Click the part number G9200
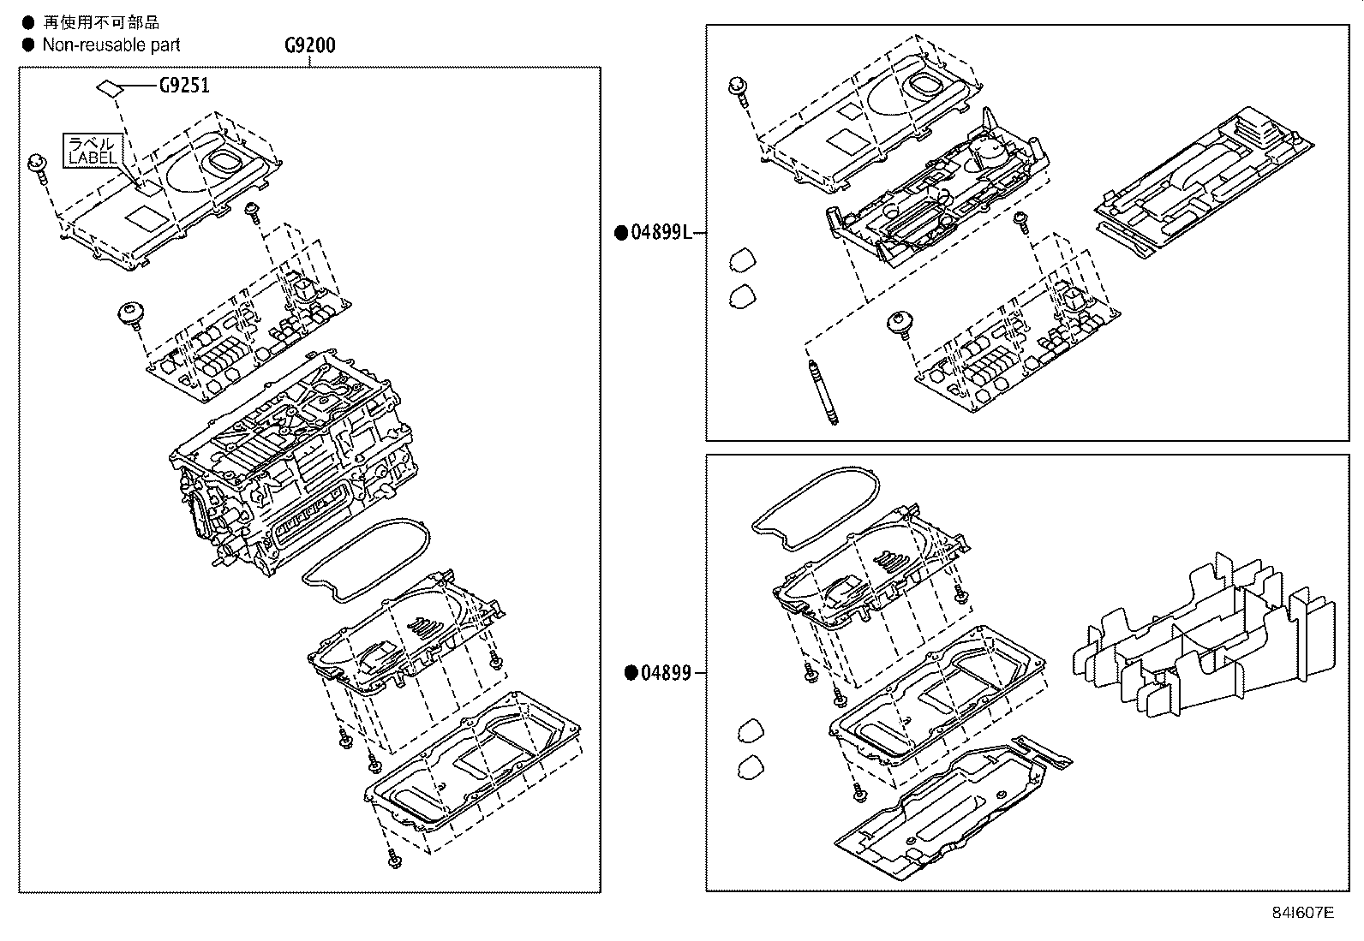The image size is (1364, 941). [309, 45]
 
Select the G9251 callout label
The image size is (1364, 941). [183, 85]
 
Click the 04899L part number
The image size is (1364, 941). [661, 233]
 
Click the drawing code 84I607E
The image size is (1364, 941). [1302, 912]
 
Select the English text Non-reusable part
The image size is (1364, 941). [111, 45]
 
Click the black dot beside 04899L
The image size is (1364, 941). [621, 233]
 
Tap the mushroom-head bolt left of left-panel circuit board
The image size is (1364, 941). [130, 313]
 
